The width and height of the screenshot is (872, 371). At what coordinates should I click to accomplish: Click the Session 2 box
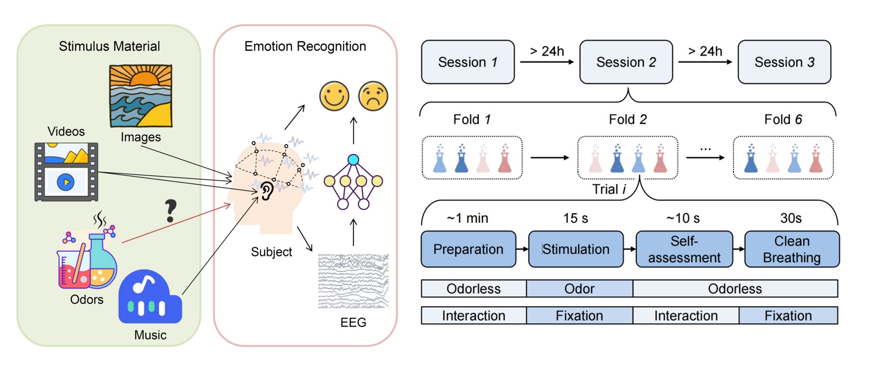pos(626,62)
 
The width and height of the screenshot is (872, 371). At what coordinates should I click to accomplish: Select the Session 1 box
pos(468,62)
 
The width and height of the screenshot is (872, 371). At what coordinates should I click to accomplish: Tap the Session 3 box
pos(784,62)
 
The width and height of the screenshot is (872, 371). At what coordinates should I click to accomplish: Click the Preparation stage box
pos(468,249)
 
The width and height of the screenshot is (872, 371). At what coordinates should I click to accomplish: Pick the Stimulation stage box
pos(576,249)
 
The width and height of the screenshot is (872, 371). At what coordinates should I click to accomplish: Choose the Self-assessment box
pos(684,249)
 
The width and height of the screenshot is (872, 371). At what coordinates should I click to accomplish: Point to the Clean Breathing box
pos(791,249)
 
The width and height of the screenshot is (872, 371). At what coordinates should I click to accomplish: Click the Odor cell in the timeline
pos(579,288)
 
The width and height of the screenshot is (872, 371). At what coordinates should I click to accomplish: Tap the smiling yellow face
pos(334,96)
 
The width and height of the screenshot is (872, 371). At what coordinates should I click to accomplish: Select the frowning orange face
pos(373,96)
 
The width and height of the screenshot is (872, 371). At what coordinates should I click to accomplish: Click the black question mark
pos(170,211)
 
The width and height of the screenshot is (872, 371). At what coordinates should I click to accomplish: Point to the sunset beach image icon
pos(140,96)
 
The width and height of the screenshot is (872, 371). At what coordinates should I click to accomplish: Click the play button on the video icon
pos(66,182)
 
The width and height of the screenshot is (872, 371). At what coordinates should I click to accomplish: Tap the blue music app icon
pos(150,297)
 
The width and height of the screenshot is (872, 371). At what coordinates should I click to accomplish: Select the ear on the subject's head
pos(267,191)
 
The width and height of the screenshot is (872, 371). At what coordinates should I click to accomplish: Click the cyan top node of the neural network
pos(353,160)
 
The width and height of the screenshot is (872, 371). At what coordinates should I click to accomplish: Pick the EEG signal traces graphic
pos(353,281)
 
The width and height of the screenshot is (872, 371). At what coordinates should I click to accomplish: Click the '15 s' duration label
pos(575,218)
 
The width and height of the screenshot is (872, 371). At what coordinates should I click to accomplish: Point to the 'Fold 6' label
pos(783,119)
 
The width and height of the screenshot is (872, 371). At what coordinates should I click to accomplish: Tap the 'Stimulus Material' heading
pos(109,46)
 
